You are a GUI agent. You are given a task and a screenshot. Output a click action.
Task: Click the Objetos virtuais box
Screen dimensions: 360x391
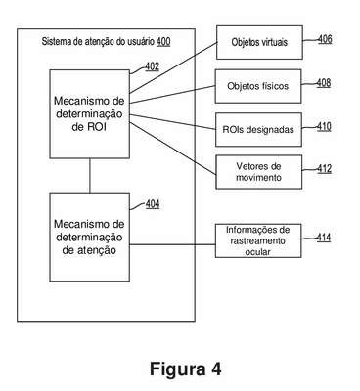tap(259, 42)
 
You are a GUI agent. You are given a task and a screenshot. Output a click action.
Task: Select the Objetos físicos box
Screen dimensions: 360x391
tap(258, 86)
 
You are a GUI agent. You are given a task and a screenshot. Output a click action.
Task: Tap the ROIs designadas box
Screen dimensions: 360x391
tap(258, 130)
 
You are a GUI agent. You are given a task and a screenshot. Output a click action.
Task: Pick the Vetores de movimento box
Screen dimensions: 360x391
tap(258, 172)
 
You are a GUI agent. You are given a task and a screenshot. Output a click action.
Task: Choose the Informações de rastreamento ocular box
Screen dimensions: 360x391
tap(258, 240)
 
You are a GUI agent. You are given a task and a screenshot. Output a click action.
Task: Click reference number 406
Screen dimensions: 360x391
tap(325, 39)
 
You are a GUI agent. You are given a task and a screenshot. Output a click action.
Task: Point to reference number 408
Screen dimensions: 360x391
tap(324, 83)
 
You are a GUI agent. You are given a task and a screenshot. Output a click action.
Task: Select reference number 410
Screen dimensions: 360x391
tap(324, 126)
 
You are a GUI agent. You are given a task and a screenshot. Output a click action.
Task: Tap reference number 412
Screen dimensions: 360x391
tap(325, 169)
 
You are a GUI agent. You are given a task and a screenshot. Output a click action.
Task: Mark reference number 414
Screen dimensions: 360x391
tap(324, 238)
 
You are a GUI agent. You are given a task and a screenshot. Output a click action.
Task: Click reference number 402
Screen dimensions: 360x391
tap(153, 66)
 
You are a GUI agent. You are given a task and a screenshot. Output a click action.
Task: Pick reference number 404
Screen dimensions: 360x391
tap(153, 204)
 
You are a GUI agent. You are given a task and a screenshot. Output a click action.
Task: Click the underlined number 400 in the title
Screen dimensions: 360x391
tap(163, 42)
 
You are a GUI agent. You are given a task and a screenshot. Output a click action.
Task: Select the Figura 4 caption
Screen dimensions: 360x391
tap(186, 369)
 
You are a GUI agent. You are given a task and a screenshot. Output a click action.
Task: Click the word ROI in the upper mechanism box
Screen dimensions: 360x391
tap(96, 127)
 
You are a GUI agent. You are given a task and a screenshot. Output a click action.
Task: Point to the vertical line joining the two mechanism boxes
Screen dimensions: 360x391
tap(90, 176)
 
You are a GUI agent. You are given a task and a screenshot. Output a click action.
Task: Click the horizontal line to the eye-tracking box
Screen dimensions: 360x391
tap(172, 244)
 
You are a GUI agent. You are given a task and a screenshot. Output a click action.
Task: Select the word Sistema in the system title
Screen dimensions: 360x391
tap(54, 42)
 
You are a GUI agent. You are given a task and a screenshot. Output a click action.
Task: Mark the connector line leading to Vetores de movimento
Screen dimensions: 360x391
tap(173, 149)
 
